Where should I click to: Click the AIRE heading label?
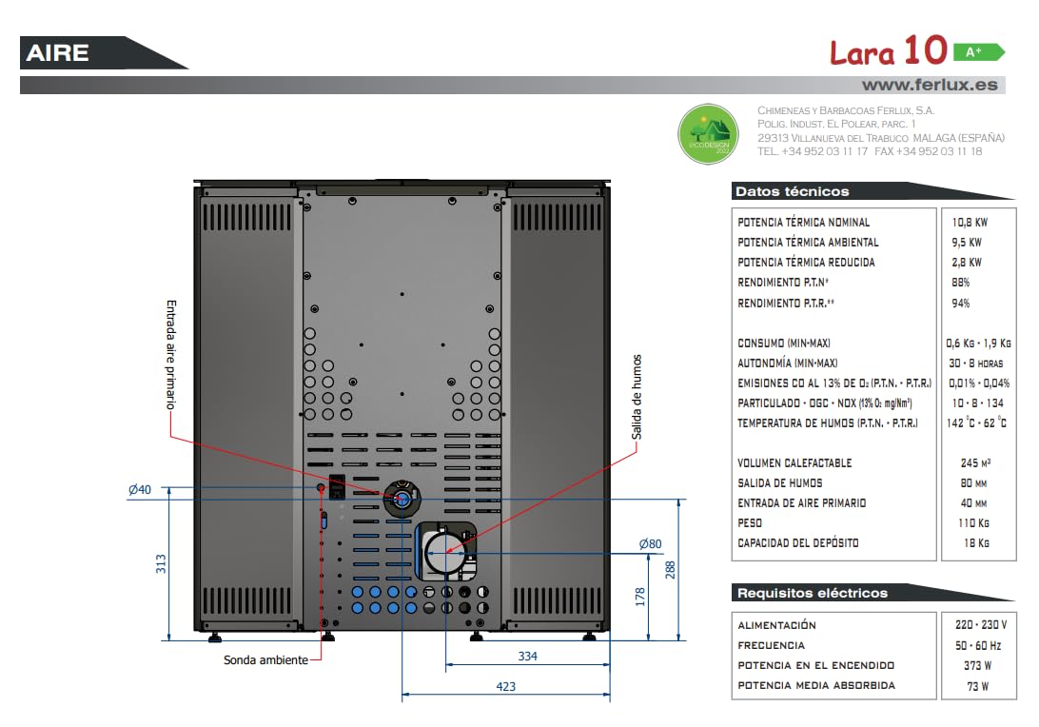(58, 53)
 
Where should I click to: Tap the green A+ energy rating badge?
(979, 51)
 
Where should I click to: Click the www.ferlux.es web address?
(929, 85)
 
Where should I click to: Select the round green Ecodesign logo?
(708, 134)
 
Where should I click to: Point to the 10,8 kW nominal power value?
(970, 223)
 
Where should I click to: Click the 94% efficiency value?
(960, 303)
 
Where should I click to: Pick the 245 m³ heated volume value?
(975, 463)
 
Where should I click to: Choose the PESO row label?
(750, 522)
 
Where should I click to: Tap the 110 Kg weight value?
(973, 522)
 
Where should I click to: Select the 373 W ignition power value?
(977, 665)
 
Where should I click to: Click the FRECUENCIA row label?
(771, 645)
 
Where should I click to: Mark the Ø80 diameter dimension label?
(650, 544)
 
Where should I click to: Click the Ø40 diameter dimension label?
(140, 490)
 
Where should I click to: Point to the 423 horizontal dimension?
(505, 687)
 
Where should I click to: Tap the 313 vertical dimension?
(161, 564)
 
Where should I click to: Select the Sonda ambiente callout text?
(265, 660)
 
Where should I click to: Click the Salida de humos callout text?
(637, 397)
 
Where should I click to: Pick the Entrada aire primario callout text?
(171, 355)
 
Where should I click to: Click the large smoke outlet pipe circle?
(444, 552)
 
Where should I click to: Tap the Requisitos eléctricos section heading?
(813, 593)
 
